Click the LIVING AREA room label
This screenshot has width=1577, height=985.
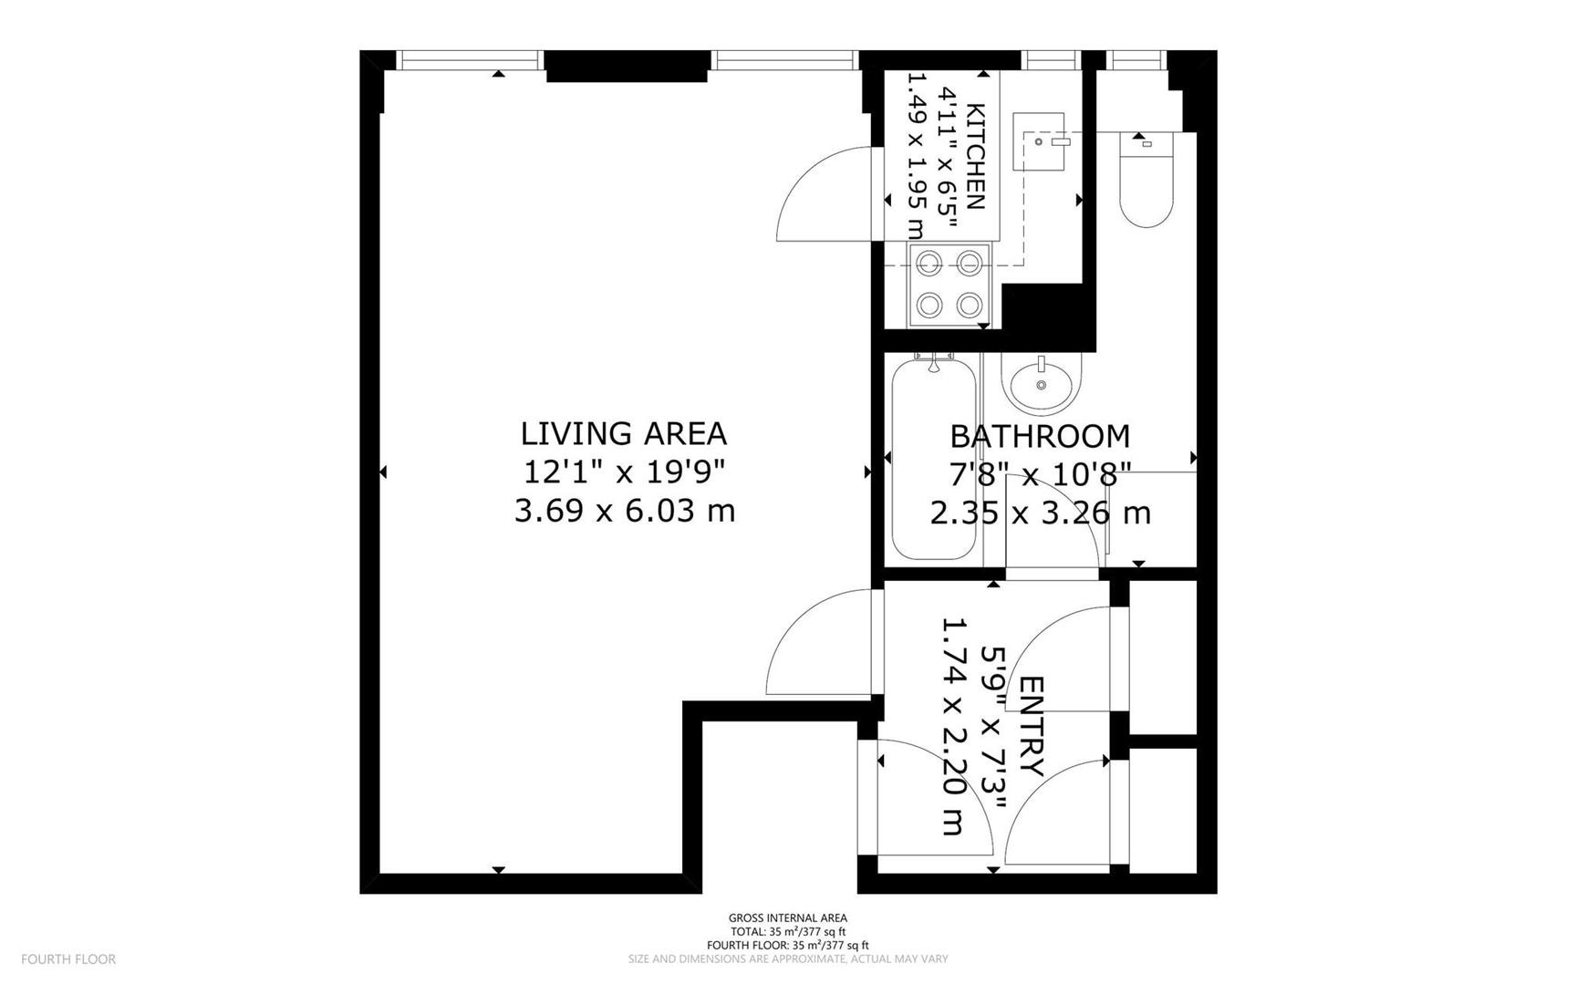pos(623,432)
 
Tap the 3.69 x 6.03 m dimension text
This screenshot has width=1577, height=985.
pos(624,511)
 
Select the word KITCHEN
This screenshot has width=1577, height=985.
pos(975,157)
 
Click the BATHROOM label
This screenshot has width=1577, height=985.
pos(1040,436)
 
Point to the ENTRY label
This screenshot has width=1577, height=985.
pos(1030,726)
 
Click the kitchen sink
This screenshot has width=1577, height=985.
pos(1038,141)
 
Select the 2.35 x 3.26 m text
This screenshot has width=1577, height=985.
pos(1040,513)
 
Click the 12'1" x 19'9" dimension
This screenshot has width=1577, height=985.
pos(624,472)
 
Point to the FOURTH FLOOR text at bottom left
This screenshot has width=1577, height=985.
pos(68,959)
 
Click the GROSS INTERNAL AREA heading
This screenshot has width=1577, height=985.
pos(787,918)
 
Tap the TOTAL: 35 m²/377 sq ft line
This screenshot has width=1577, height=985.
pos(787,931)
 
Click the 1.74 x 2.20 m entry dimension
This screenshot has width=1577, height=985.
pos(952,727)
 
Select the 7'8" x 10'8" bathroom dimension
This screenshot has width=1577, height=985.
pos(1040,474)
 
